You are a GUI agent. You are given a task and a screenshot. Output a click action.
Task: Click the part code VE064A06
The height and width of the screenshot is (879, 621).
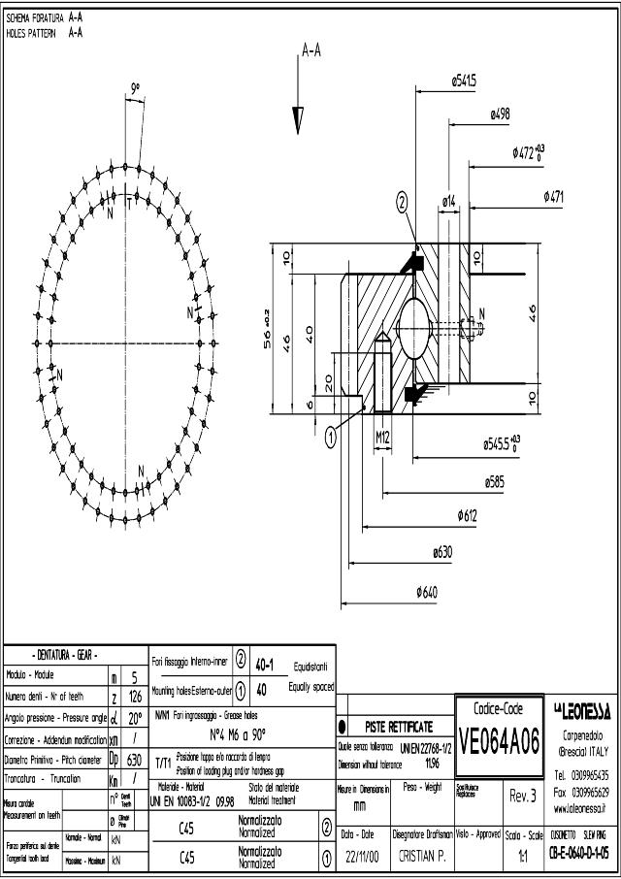(499, 743)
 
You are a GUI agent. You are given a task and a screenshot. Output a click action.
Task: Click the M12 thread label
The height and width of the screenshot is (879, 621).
(383, 438)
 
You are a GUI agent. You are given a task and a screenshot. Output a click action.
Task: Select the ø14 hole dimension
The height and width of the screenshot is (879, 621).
(449, 201)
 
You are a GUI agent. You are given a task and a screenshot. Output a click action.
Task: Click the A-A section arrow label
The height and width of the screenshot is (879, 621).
(311, 51)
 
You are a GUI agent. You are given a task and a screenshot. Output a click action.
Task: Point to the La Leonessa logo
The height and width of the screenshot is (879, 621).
(581, 713)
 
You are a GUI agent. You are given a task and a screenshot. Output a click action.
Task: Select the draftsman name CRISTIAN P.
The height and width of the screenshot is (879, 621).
(420, 858)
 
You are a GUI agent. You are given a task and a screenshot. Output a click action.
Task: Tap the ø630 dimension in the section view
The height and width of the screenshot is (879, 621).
(441, 552)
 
